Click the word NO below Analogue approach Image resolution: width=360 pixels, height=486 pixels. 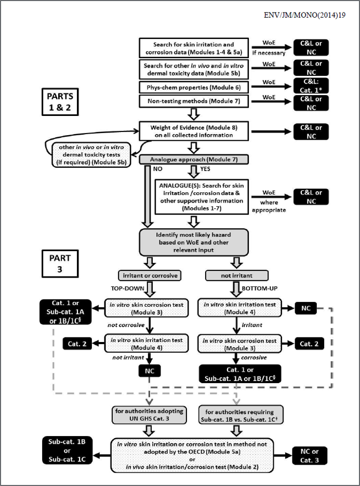[156, 168]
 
